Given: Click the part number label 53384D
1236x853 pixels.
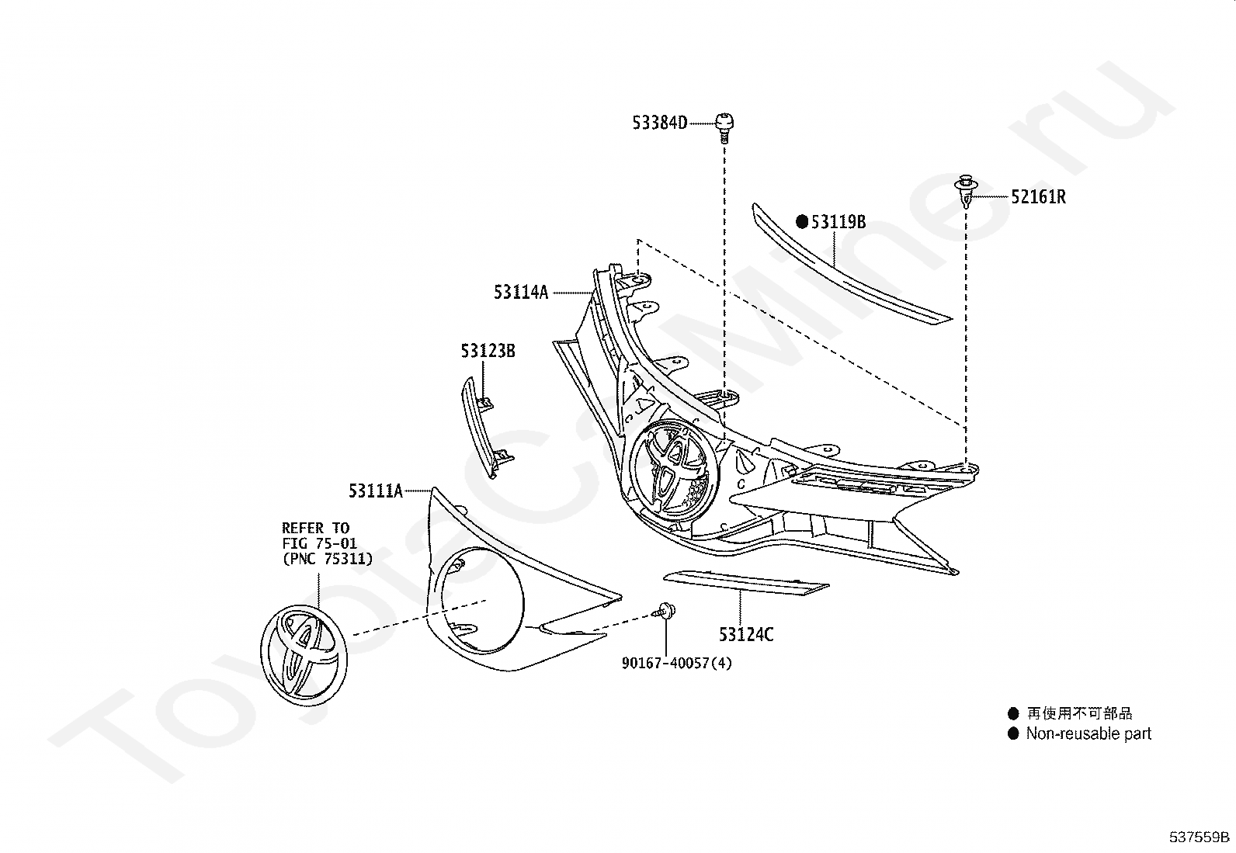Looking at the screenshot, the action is click(x=659, y=123).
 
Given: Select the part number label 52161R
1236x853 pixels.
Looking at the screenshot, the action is click(x=1038, y=197).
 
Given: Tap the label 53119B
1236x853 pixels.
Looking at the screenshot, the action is click(x=838, y=222).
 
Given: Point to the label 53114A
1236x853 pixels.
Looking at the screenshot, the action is click(x=521, y=292).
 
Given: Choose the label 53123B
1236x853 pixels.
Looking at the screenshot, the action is click(x=488, y=350).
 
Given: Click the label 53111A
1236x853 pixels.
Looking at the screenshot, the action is click(x=375, y=491).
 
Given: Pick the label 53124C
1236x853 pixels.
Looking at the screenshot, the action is click(x=746, y=634).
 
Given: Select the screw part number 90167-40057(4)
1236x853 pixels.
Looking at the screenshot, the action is click(x=677, y=663).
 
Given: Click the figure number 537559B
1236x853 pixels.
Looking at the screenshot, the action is click(x=1200, y=837).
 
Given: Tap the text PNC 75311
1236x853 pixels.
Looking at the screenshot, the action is click(x=328, y=558).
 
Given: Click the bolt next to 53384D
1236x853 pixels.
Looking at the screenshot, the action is click(x=724, y=127).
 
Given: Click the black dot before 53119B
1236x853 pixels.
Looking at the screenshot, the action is click(x=802, y=222).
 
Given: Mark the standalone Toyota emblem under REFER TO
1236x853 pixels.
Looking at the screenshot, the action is click(x=304, y=654).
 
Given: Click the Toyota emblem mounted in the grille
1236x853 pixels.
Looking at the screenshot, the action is click(x=673, y=470).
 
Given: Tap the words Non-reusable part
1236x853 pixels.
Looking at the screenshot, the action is click(x=1088, y=733).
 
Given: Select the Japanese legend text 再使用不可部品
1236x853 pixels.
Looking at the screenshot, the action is click(x=1079, y=713).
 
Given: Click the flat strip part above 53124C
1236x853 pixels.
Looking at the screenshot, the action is click(x=746, y=583).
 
